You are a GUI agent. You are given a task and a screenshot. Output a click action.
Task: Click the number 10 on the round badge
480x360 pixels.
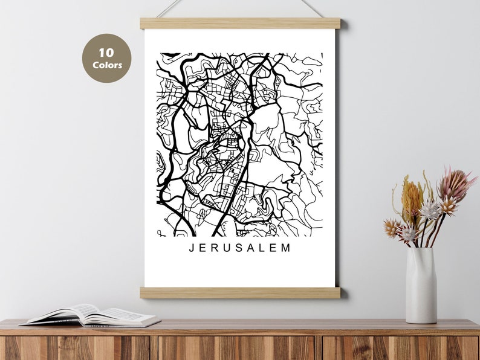(106, 53)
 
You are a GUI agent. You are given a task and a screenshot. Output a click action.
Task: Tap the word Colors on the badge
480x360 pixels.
(107, 65)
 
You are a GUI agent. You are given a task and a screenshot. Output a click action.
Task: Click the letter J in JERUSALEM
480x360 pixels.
(192, 248)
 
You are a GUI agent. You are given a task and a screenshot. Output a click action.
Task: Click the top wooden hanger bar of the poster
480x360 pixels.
(240, 24)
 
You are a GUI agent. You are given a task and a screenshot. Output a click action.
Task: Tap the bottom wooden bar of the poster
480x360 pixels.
(240, 292)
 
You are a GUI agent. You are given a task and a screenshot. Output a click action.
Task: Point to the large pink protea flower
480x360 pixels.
(453, 185)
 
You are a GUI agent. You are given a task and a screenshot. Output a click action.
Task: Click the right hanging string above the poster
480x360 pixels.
(313, 8)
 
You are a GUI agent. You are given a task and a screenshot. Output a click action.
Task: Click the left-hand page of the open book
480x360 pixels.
(67, 314)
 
